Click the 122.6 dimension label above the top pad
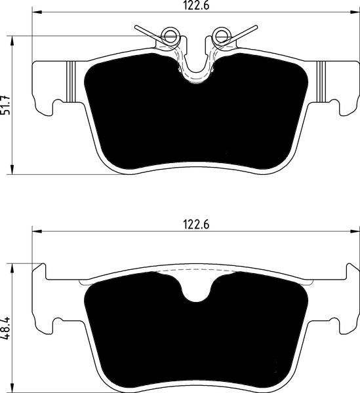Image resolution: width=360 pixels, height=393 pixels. point(196,5)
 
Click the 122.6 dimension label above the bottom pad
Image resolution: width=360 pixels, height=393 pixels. point(196,224)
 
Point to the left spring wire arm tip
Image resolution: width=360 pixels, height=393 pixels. point(136,27)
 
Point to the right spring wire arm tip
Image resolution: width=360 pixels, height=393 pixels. point(256,26)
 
